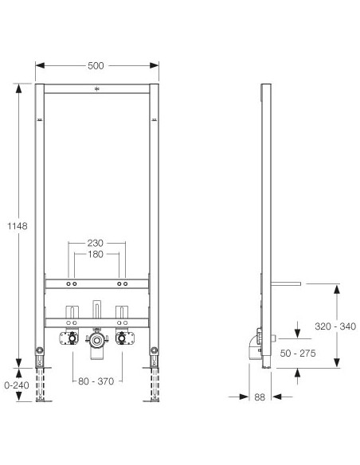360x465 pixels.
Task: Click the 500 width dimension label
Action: [96, 65]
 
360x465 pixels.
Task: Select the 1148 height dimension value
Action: [18, 226]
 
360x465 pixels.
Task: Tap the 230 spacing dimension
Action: [96, 243]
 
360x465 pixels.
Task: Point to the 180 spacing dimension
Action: [96, 254]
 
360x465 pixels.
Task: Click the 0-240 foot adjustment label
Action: [17, 385]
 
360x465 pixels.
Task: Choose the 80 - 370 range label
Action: [96, 381]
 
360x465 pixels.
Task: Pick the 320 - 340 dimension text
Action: [335, 326]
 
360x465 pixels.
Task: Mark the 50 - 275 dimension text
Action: [298, 354]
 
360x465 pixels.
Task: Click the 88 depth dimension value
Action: [260, 397]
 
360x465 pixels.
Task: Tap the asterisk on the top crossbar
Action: [96, 89]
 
